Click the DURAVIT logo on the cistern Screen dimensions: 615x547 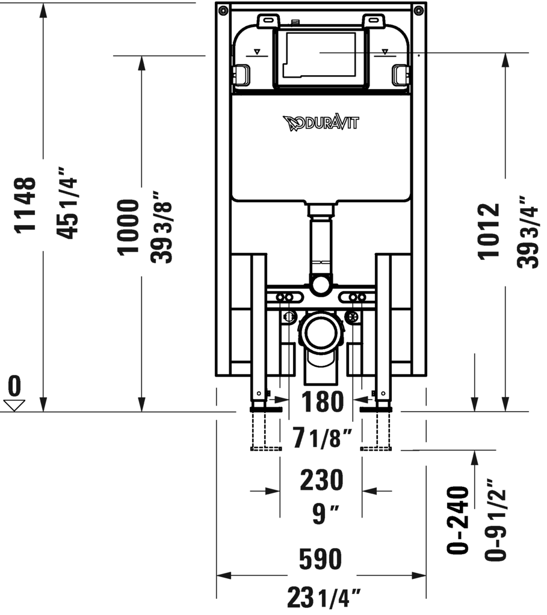tap(321, 123)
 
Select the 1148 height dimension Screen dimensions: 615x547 tap(27, 205)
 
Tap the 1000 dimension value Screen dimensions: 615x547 tap(128, 227)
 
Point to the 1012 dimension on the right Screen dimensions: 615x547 tap(489, 231)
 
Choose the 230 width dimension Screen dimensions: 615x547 tap(321, 480)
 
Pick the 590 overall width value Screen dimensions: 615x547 tap(321, 559)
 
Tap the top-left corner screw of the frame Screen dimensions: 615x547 tap(224, 10)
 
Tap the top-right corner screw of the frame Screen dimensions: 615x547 tap(418, 10)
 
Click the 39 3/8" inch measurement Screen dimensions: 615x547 tap(161, 227)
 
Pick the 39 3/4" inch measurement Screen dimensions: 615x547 tap(527, 231)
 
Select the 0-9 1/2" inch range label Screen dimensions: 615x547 tap(497, 520)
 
